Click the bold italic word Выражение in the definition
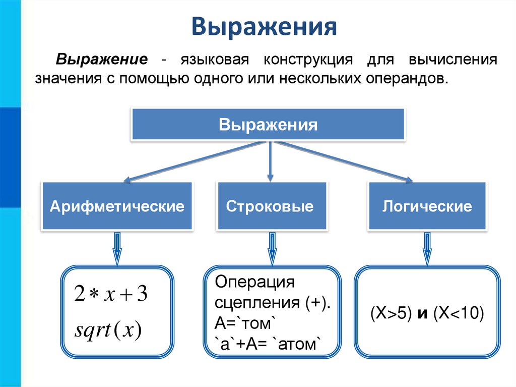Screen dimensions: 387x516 click(x=101, y=60)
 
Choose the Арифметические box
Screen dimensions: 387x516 click(x=116, y=206)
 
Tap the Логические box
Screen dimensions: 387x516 click(x=427, y=206)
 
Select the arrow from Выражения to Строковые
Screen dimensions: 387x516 click(x=270, y=161)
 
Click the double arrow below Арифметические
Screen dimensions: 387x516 click(x=117, y=248)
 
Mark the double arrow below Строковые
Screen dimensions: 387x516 click(x=272, y=248)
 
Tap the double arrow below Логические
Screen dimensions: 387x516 click(x=427, y=248)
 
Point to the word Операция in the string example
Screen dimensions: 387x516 click(x=254, y=282)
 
